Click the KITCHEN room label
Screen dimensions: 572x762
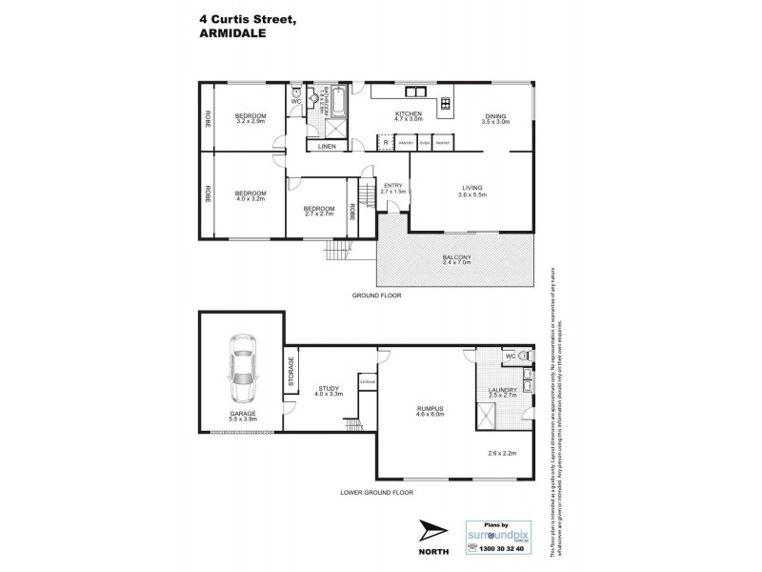[409, 113]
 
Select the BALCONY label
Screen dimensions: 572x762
[457, 257]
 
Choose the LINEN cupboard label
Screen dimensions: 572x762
[326, 146]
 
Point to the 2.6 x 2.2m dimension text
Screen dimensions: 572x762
[500, 454]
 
